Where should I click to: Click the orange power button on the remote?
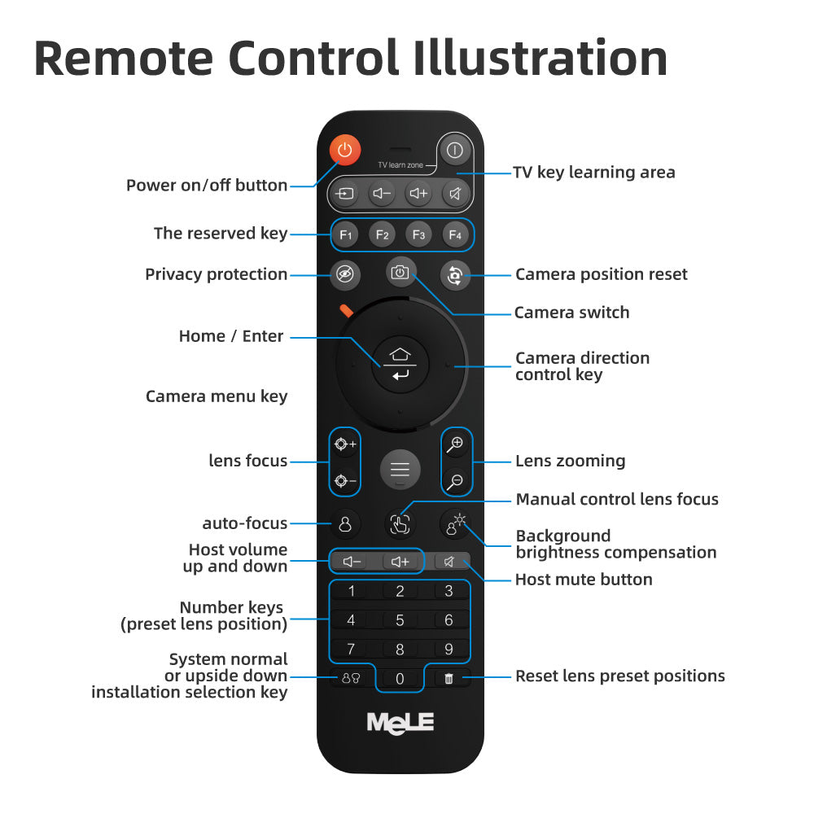pos(344,150)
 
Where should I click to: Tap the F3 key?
pos(418,234)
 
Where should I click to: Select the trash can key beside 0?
pos(449,679)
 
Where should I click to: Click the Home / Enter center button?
pos(400,364)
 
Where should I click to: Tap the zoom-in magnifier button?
pos(457,444)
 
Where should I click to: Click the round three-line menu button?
pos(400,470)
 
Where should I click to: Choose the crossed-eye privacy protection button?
pos(344,274)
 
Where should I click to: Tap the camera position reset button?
pos(455,274)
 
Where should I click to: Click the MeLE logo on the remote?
pos(400,723)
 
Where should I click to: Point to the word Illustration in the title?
pos(541,59)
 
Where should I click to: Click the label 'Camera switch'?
pos(571,313)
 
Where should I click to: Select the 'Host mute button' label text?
pos(584,580)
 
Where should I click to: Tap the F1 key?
pos(346,234)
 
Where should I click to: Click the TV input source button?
pos(344,194)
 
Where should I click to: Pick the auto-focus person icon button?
pos(345,523)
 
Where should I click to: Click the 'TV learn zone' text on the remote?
pos(400,165)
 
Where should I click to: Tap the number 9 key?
pos(449,649)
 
